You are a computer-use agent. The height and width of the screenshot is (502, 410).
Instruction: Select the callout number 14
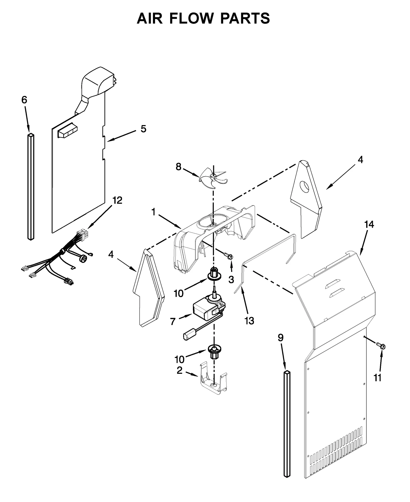point(369,224)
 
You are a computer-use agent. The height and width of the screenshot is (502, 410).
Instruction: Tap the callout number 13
point(249,321)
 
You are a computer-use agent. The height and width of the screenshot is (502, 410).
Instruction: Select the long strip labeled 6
point(30,187)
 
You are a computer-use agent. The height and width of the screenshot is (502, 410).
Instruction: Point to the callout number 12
point(117,200)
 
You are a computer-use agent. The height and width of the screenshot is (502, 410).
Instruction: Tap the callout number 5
point(143,129)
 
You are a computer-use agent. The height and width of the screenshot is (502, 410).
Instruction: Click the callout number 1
point(153,212)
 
